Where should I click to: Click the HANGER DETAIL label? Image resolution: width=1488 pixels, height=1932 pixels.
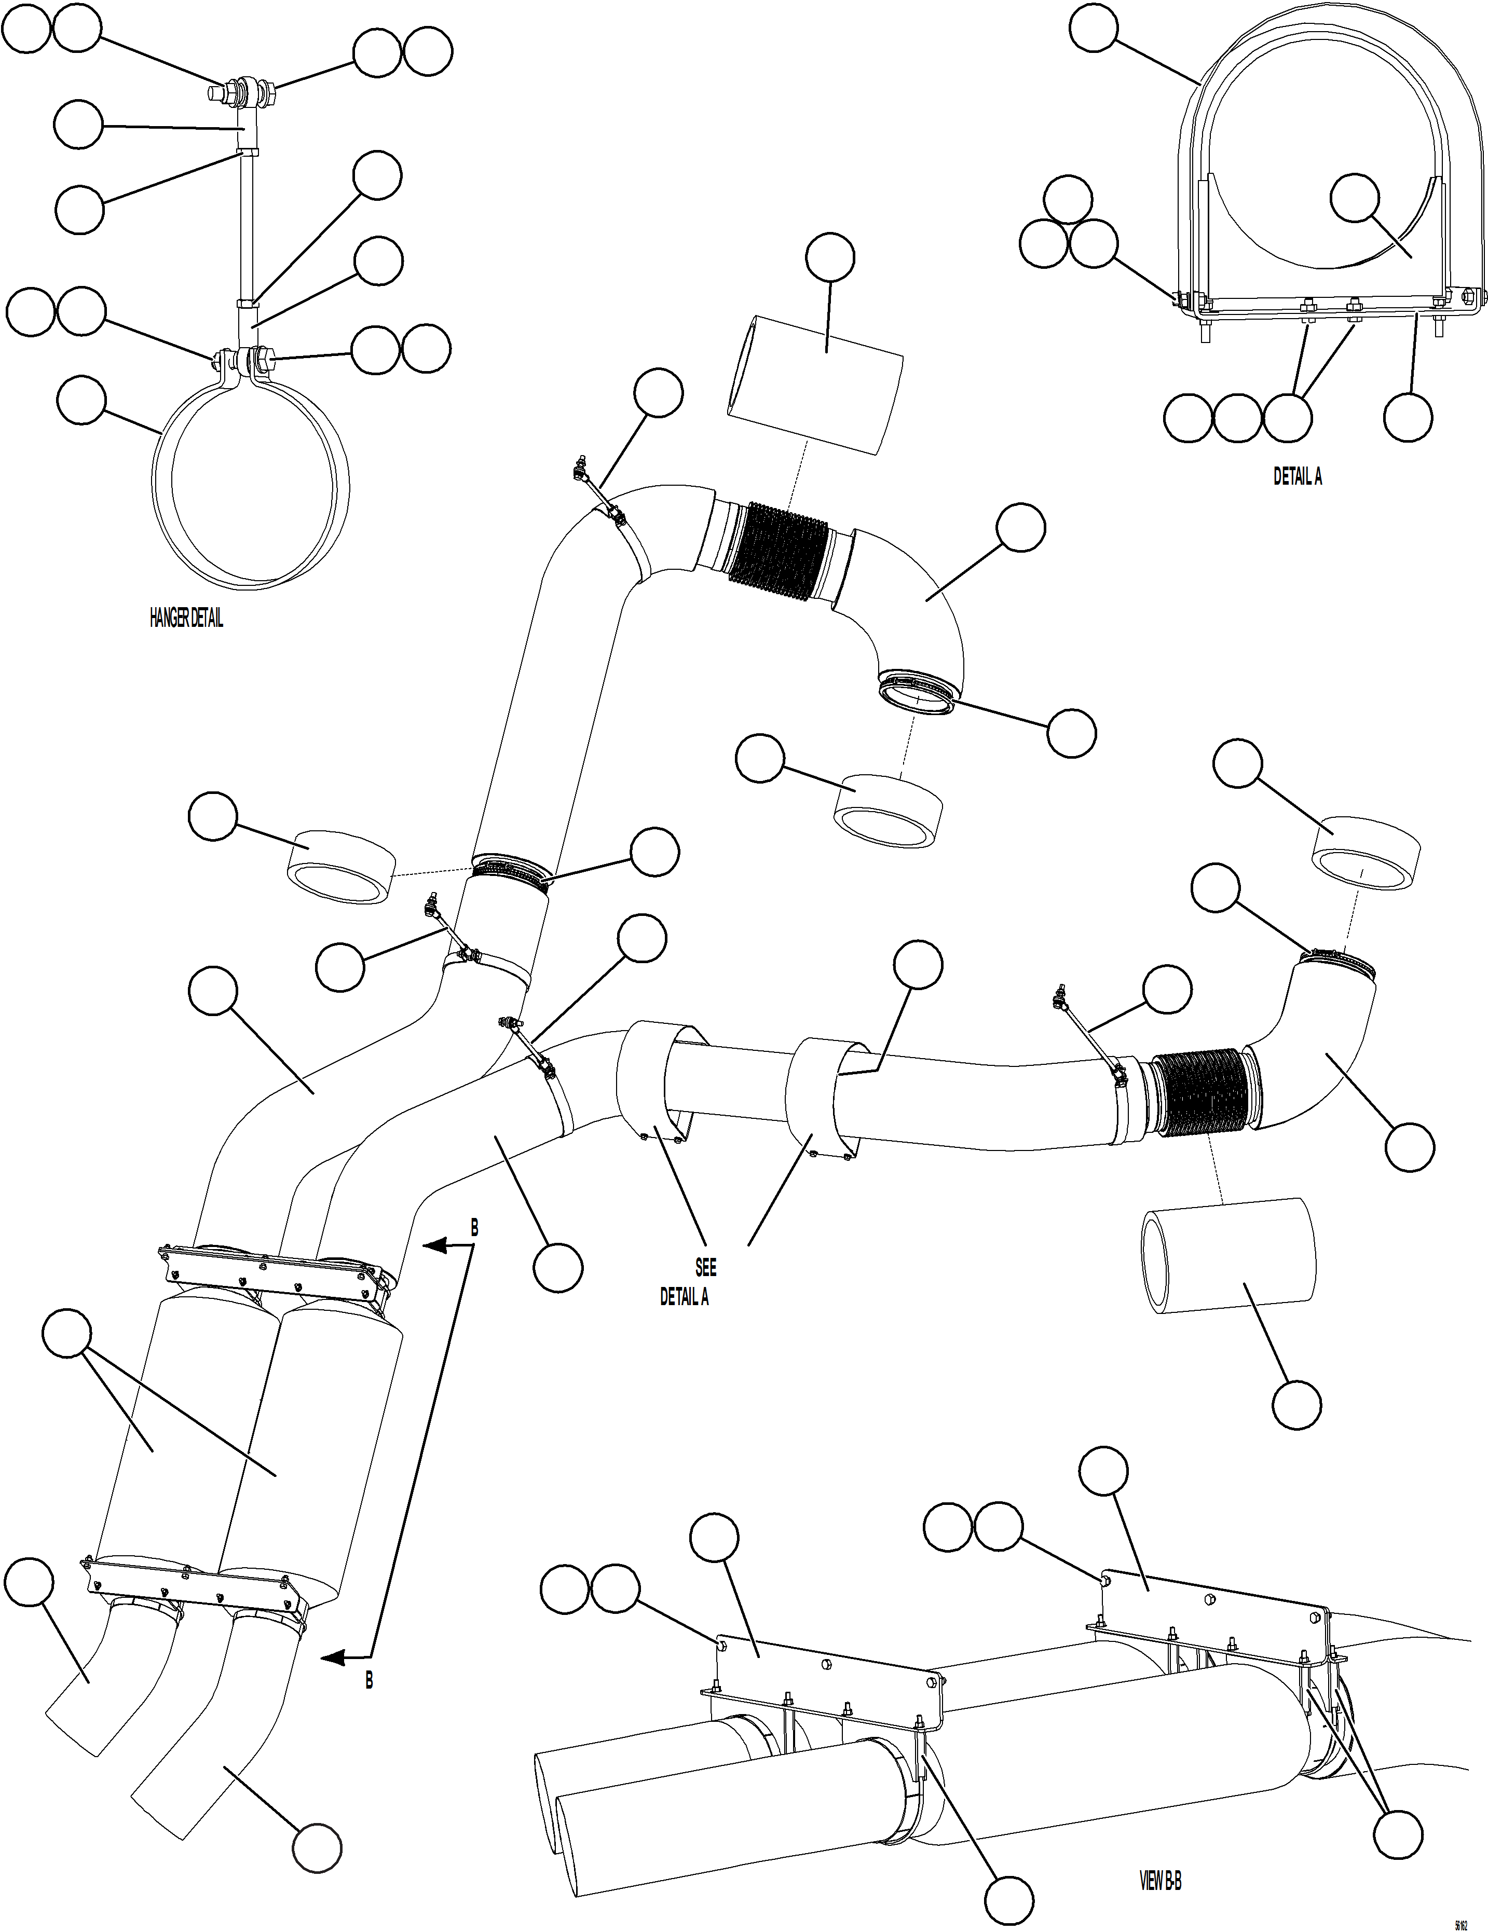186,619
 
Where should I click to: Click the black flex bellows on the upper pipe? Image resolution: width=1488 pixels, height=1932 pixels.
777,555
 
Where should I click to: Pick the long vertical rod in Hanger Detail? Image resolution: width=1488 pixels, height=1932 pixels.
246,226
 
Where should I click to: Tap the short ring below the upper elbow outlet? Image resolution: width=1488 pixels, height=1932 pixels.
889,812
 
